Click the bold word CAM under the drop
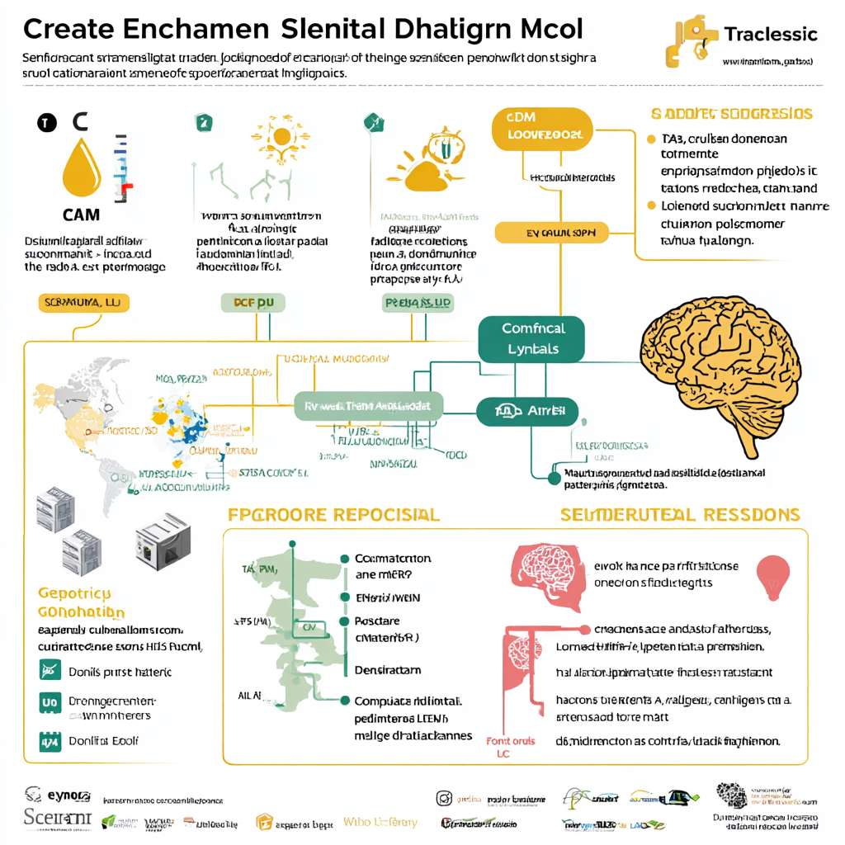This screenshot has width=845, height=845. coord(81,215)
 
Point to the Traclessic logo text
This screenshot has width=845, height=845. coord(770,35)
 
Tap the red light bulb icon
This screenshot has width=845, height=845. coord(773,576)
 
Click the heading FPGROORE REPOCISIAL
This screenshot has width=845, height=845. coord(333,515)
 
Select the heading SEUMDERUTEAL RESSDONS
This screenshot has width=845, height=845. coord(680,515)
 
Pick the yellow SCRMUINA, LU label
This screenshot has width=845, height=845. coord(74,303)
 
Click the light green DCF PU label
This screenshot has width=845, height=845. coord(253,303)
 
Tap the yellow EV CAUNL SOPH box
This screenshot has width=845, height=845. coord(551,234)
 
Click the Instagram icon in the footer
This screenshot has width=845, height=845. coord(444,799)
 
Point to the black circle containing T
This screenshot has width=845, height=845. coord(45,124)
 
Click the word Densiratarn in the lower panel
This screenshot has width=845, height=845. coord(387,670)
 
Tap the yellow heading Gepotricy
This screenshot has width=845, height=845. coord(74,593)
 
